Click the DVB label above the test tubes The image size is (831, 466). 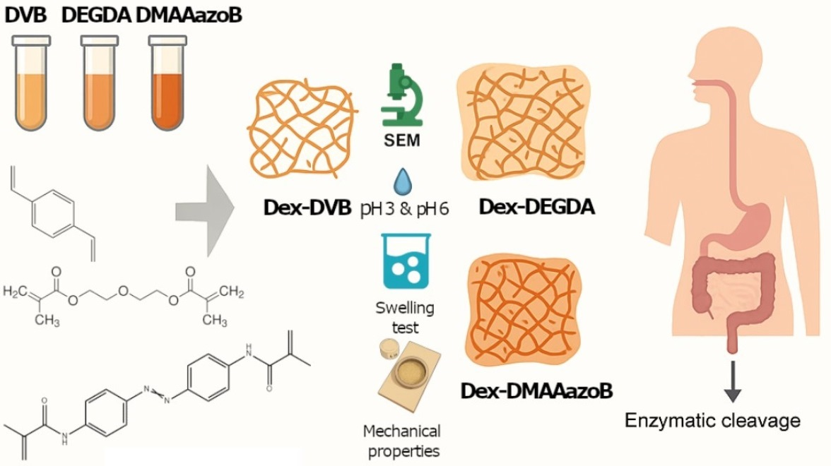point(25,14)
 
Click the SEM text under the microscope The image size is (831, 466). point(401,141)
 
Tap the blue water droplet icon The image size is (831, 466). point(401,183)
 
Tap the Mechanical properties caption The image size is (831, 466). point(401,439)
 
